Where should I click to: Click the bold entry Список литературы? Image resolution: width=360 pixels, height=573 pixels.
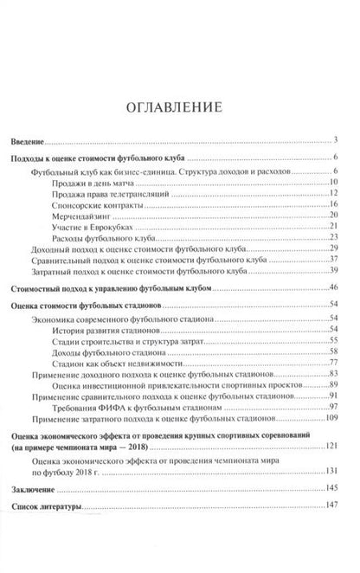point(48,508)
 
